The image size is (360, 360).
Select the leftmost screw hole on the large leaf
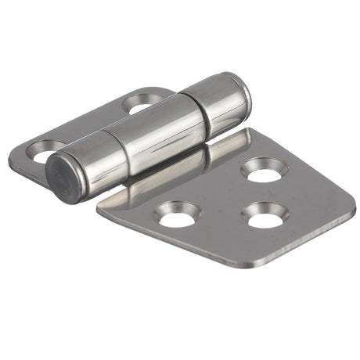[x=178, y=214]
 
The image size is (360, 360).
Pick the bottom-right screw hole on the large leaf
[x=267, y=217]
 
